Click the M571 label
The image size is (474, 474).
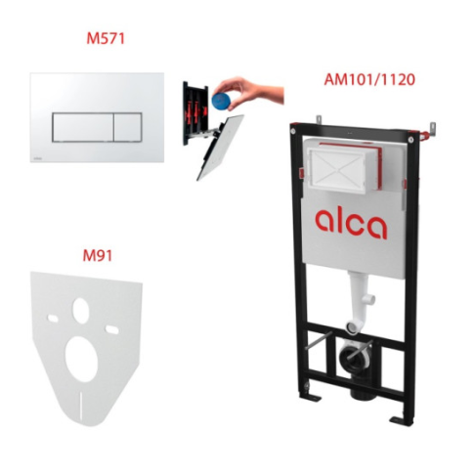coord(106,39)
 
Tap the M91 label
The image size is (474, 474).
coord(98,256)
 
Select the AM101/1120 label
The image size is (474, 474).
coord(369,80)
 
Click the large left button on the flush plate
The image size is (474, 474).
coord(83,127)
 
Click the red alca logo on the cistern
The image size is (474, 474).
coord(351,223)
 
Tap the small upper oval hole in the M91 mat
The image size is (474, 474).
coord(81,311)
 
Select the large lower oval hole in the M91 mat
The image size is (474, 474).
coord(82,359)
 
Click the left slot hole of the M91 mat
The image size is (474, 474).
coord(53,318)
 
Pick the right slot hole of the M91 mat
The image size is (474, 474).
coord(111,329)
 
